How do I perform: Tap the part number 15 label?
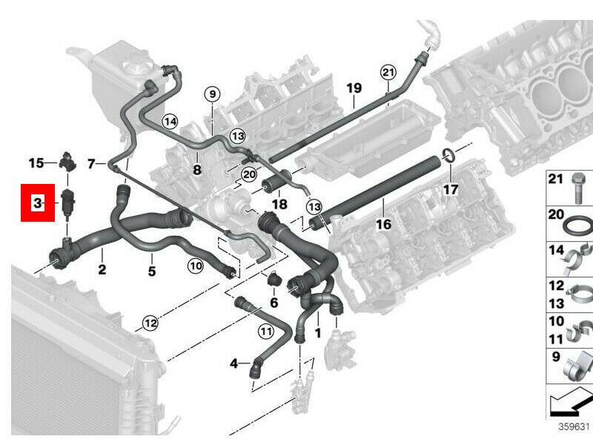[36, 162]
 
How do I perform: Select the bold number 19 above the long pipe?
[354, 88]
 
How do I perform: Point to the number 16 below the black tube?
[383, 223]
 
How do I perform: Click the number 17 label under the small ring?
[451, 189]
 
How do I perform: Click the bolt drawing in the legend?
[577, 188]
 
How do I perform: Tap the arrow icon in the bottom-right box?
[569, 403]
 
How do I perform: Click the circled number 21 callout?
[388, 72]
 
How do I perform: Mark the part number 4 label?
[234, 363]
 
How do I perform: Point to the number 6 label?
[274, 302]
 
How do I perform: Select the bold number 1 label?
[318, 334]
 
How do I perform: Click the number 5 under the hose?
[151, 271]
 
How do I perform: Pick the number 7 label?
[91, 163]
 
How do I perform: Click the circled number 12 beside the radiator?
[150, 323]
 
